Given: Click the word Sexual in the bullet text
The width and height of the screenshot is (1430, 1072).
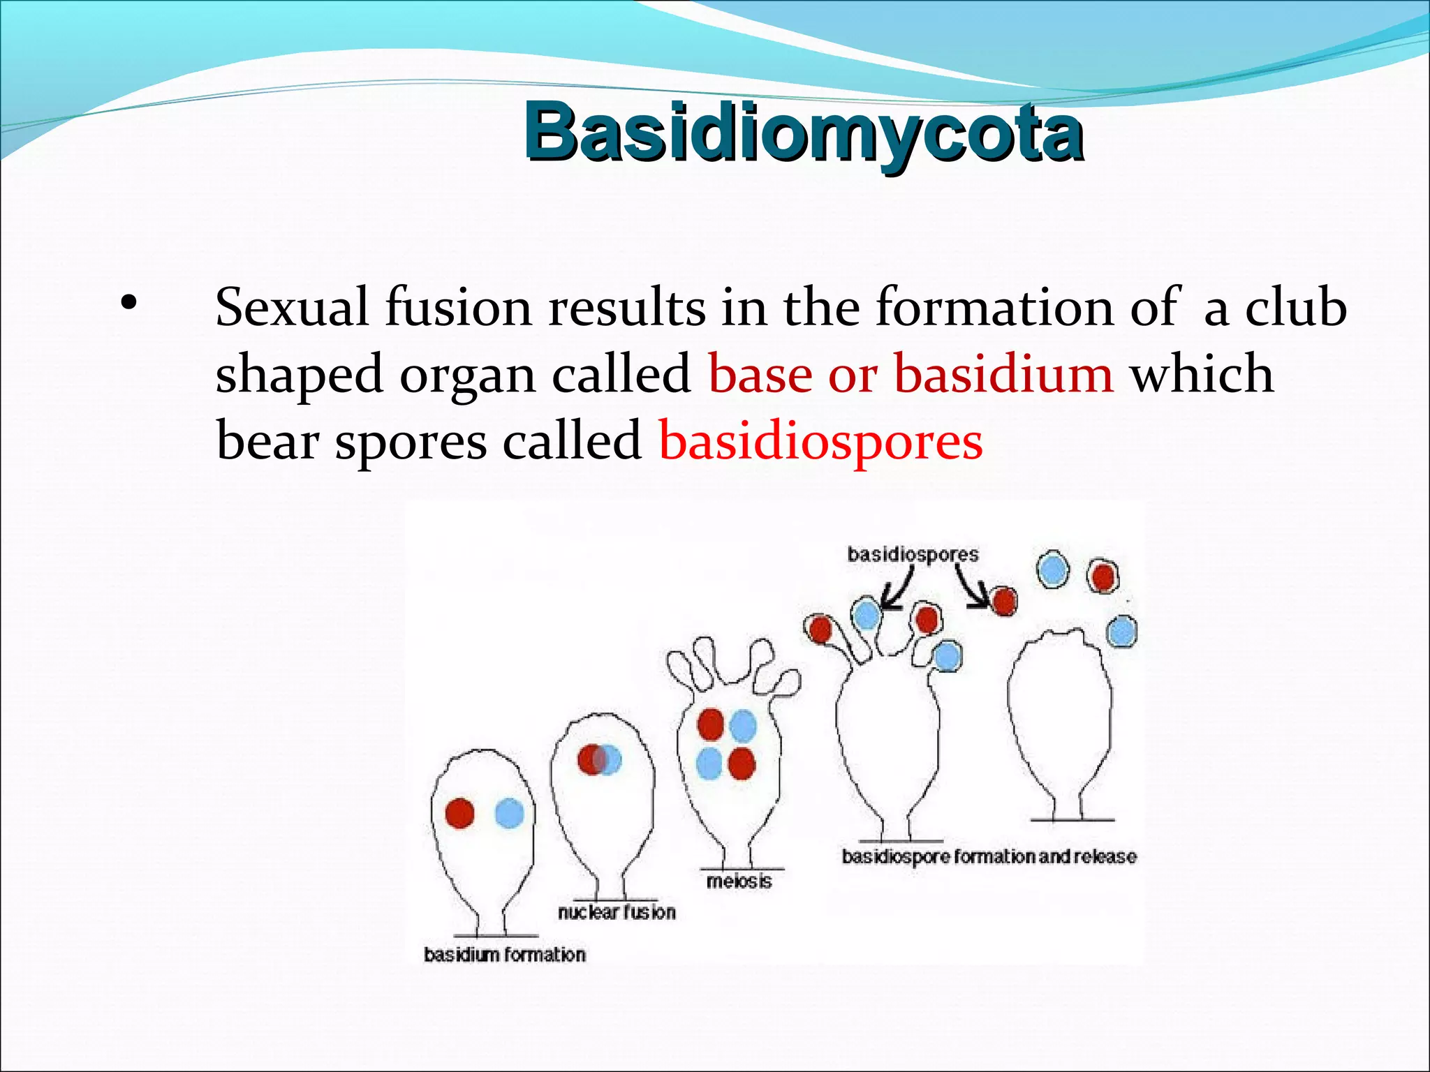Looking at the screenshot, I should (292, 307).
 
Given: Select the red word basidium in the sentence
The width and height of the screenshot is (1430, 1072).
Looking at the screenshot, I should (1003, 374).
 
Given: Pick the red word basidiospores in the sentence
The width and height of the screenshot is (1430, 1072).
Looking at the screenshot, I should (821, 441).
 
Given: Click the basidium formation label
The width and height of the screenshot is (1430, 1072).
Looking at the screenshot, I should (505, 954).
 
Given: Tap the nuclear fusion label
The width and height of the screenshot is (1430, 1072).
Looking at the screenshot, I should (617, 911).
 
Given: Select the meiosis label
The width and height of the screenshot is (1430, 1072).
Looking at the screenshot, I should (739, 881).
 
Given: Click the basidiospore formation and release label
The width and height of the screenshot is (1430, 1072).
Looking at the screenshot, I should (989, 856).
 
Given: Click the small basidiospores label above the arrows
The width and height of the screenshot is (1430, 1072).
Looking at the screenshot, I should (913, 554).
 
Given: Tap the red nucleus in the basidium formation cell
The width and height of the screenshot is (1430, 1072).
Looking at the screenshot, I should (459, 813).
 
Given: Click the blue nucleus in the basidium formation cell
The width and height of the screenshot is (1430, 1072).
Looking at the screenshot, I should (509, 814).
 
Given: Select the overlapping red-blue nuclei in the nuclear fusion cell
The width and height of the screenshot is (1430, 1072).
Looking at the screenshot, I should (599, 759).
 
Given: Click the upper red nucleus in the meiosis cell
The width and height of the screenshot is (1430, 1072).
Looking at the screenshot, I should (710, 724).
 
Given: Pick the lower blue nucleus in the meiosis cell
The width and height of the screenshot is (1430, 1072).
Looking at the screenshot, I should (709, 763).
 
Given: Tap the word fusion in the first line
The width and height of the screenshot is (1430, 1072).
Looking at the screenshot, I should (458, 307).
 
